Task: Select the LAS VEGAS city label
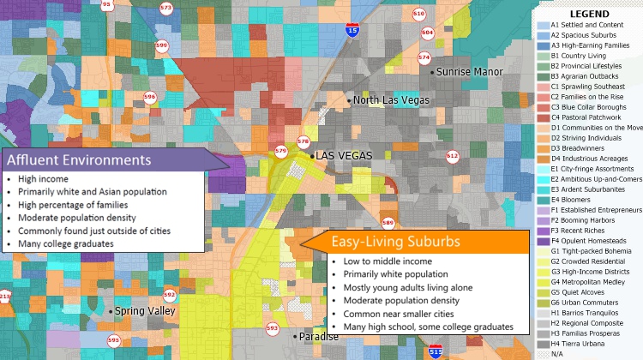click(x=344, y=155)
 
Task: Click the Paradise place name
click(x=318, y=336)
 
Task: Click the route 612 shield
click(x=453, y=156)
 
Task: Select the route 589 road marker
click(x=388, y=223)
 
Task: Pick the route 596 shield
click(x=150, y=98)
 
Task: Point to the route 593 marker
click(x=273, y=328)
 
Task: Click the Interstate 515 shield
click(x=436, y=351)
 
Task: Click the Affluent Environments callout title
click(x=79, y=160)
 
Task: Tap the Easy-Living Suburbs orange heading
click(x=396, y=243)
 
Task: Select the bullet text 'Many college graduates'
click(x=60, y=244)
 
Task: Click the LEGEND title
click(x=589, y=15)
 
